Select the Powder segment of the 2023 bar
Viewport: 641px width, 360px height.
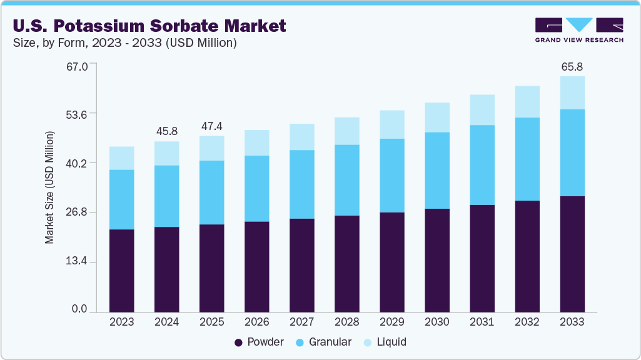pyautogui.click(x=122, y=270)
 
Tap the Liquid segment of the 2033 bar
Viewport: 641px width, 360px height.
pyautogui.click(x=572, y=92)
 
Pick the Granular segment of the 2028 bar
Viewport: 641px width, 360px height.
pyautogui.click(x=347, y=180)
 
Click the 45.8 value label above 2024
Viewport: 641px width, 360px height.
pyautogui.click(x=167, y=131)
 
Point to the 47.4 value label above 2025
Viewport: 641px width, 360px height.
pyautogui.click(x=212, y=126)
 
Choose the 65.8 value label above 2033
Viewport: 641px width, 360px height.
pyautogui.click(x=572, y=66)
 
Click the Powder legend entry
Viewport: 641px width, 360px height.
pyautogui.click(x=259, y=342)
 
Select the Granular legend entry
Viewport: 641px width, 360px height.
pyautogui.click(x=324, y=342)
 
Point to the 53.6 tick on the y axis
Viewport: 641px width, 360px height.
pyautogui.click(x=79, y=114)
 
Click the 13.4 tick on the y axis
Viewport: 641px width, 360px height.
pyautogui.click(x=79, y=261)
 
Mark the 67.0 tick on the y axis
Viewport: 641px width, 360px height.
pyautogui.click(x=79, y=64)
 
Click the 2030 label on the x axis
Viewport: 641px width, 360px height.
pyautogui.click(x=437, y=322)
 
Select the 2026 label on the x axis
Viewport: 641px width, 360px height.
pyautogui.click(x=257, y=322)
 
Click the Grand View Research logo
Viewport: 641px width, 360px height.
pyautogui.click(x=579, y=29)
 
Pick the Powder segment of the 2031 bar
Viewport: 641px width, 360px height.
pyautogui.click(x=482, y=258)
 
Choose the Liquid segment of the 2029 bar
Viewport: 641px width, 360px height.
pyautogui.click(x=392, y=124)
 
